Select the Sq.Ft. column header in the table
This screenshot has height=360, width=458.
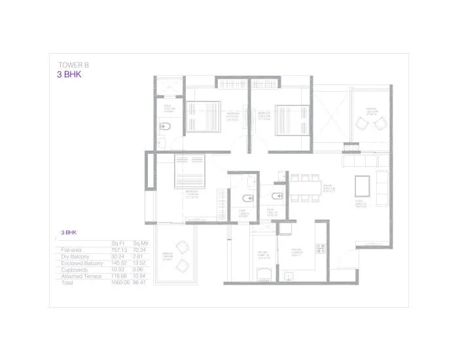point(118,242)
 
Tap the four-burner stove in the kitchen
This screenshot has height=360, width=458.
point(319,249)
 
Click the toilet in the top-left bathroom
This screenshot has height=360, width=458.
point(165,127)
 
